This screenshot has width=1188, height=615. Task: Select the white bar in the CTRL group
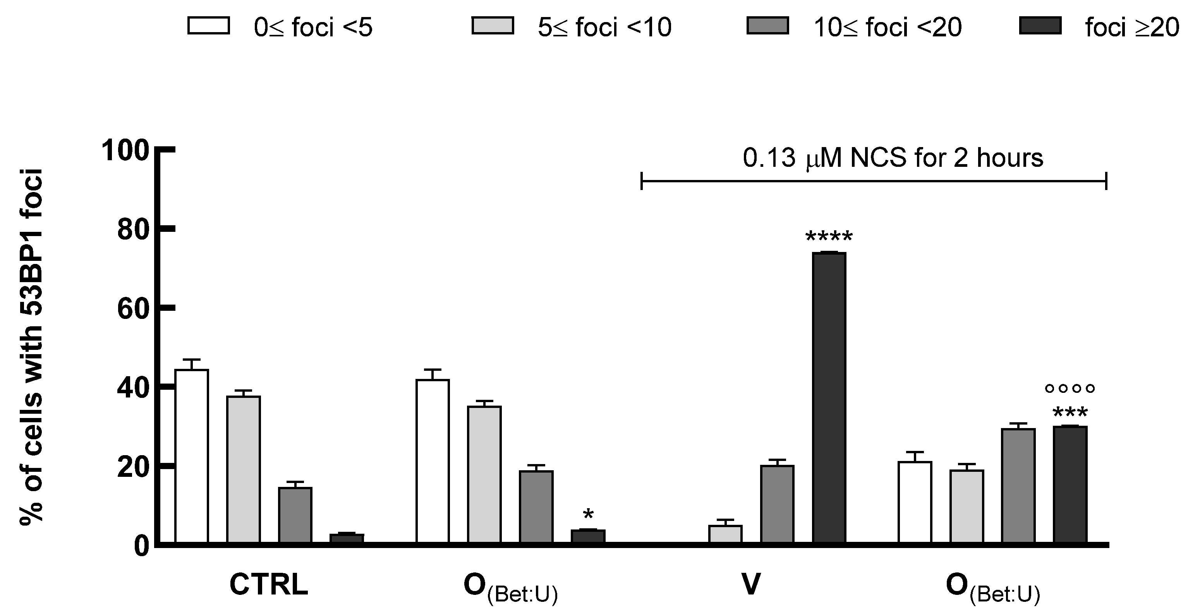(191, 456)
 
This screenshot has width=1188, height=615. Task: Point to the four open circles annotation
(1070, 389)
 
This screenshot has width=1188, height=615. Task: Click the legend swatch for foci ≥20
(1040, 26)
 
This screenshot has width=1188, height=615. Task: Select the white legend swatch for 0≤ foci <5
(208, 26)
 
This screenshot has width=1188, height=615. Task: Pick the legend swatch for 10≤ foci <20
(767, 26)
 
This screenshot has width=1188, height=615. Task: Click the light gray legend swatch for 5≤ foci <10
(493, 26)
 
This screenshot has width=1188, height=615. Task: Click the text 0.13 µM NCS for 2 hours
(893, 158)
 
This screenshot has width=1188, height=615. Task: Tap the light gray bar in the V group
(725, 534)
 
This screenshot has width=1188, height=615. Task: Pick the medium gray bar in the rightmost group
(1018, 485)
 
